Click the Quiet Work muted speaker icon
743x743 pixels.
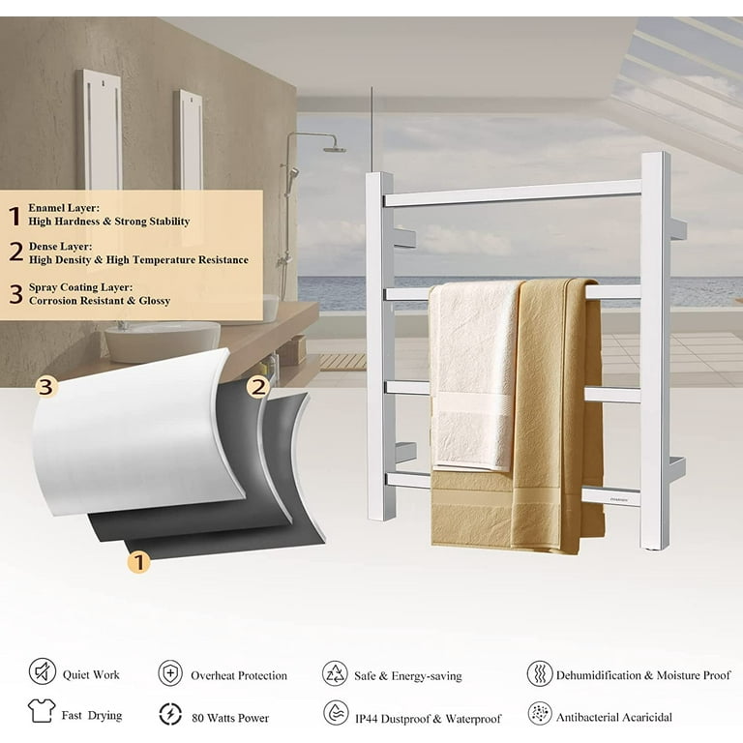(43, 671)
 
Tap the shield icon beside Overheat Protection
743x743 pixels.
(170, 673)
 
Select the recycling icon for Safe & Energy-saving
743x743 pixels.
(335, 673)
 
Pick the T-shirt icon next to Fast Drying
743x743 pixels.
(42, 710)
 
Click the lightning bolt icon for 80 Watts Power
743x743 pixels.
(170, 714)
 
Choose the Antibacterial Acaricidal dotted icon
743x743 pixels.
(540, 714)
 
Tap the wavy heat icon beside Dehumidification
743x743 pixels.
(540, 673)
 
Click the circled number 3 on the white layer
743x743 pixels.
(46, 387)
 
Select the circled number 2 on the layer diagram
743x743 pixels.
(257, 387)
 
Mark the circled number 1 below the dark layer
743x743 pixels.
(138, 562)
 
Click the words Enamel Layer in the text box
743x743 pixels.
(64, 208)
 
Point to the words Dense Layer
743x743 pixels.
(61, 247)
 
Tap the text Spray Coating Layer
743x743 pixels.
(81, 287)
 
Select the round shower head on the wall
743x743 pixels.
(335, 150)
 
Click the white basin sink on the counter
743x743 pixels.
(163, 342)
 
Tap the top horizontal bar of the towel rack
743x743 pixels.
(512, 193)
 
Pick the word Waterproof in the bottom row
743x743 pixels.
(473, 719)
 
